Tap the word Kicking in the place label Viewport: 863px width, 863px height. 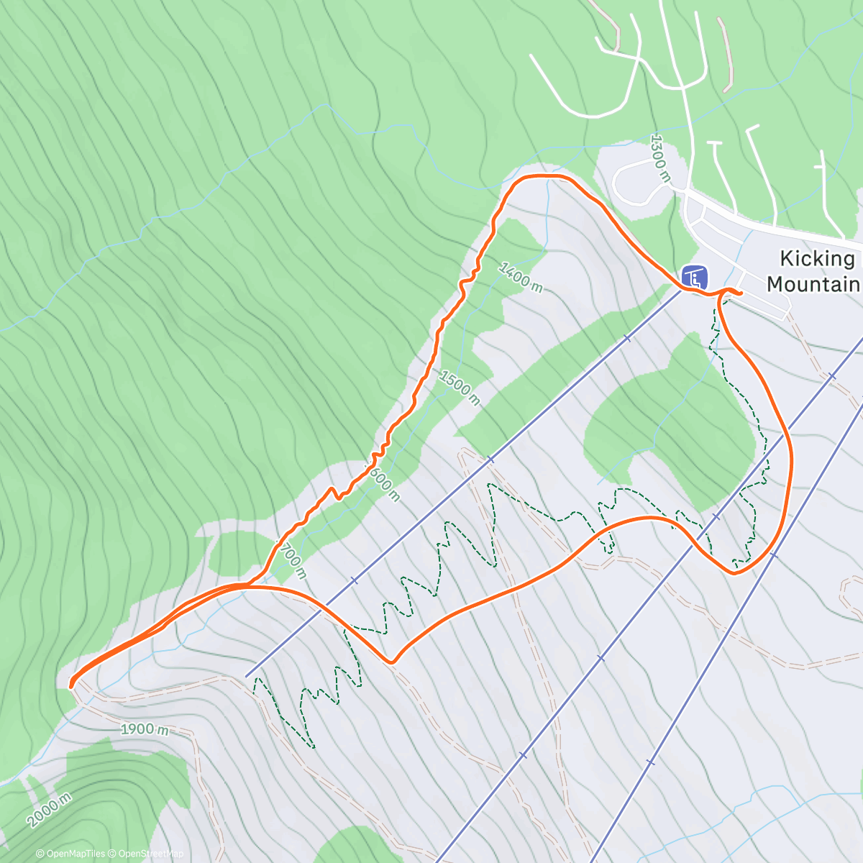pyautogui.click(x=818, y=259)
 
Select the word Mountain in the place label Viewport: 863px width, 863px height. pyautogui.click(x=813, y=284)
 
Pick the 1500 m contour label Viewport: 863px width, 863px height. pyautogui.click(x=459, y=387)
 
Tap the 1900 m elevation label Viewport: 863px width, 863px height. pyautogui.click(x=145, y=729)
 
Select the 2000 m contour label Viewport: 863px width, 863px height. pyautogui.click(x=50, y=811)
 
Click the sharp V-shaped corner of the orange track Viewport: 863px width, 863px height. pyautogui.click(x=391, y=662)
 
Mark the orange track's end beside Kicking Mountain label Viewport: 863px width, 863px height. pyautogui.click(x=741, y=293)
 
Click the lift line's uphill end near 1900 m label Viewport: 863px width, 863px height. pyautogui.click(x=246, y=676)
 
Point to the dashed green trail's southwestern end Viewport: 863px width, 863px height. pyautogui.click(x=314, y=747)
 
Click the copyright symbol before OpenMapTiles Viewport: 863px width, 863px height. pyautogui.click(x=40, y=854)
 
